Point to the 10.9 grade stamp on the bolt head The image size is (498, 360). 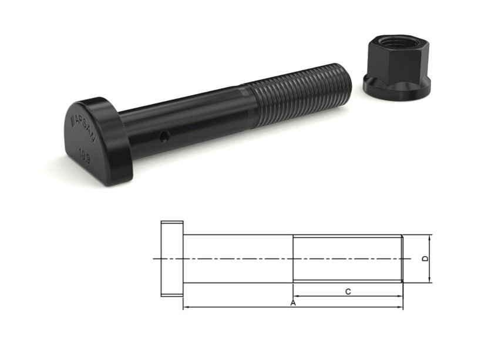[85, 154]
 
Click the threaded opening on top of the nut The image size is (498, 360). [392, 42]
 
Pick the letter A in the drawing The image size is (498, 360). [292, 302]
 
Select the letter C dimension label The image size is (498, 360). [348, 291]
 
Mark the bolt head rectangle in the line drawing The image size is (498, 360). [172, 258]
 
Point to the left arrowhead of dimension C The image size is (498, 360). [296, 295]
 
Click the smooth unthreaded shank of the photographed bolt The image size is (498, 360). [188, 117]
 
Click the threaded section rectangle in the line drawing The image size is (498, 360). [347, 258]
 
